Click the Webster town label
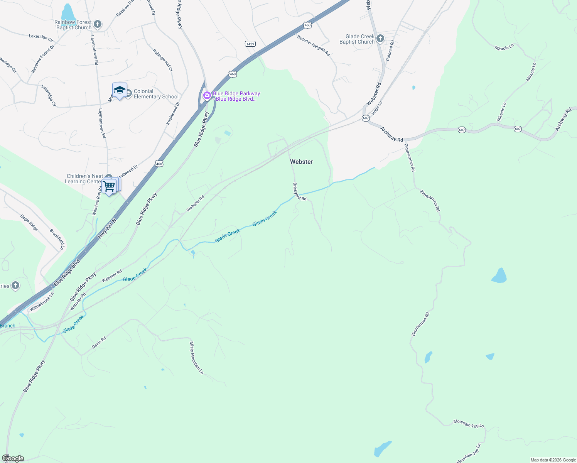[x=301, y=162]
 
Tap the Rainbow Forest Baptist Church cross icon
[x=98, y=25]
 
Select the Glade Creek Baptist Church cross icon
[x=380, y=38]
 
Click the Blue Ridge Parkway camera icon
[x=207, y=96]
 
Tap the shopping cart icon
[x=110, y=186]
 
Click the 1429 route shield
[x=250, y=44]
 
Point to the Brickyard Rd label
[x=300, y=192]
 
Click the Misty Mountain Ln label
[x=196, y=358]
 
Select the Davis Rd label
[x=99, y=343]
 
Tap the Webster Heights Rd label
[x=313, y=46]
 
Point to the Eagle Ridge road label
[x=29, y=223]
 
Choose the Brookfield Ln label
[x=57, y=239]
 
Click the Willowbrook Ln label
[x=42, y=302]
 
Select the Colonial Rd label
[x=390, y=51]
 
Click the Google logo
[x=13, y=458]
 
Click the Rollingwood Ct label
[x=162, y=60]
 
